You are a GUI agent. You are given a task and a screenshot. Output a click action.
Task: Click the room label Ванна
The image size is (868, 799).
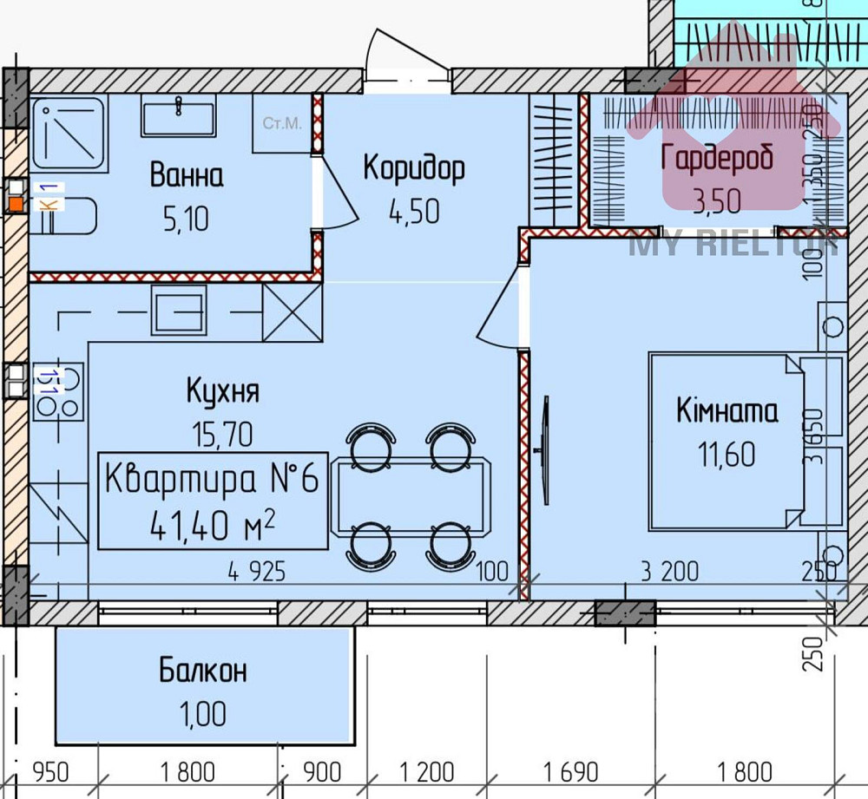pos(187,175)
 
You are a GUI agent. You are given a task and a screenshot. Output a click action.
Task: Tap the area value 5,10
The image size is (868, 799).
pos(187,219)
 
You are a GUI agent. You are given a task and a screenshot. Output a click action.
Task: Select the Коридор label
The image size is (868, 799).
pos(413,167)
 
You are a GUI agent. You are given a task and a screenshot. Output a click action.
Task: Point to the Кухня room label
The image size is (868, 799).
pos(223,391)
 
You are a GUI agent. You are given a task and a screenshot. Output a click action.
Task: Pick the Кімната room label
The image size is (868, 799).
pos(727,411)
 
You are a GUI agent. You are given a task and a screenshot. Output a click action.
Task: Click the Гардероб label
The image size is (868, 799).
pos(717,159)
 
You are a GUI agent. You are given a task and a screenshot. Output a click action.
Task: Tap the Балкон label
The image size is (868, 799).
pos(202,671)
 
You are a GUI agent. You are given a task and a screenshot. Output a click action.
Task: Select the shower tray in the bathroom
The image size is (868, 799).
pos(69,134)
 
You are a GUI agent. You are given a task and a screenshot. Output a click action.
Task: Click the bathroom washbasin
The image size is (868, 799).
pos(179,116)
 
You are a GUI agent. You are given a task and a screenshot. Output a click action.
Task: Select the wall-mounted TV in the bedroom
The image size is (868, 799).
pos(546,449)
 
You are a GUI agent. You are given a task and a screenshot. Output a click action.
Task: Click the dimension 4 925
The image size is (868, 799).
pos(257,572)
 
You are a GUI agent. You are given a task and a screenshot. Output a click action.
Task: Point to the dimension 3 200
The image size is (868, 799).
pos(669,572)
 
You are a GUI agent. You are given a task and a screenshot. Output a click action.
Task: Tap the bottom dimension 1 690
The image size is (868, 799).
pos(570,770)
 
